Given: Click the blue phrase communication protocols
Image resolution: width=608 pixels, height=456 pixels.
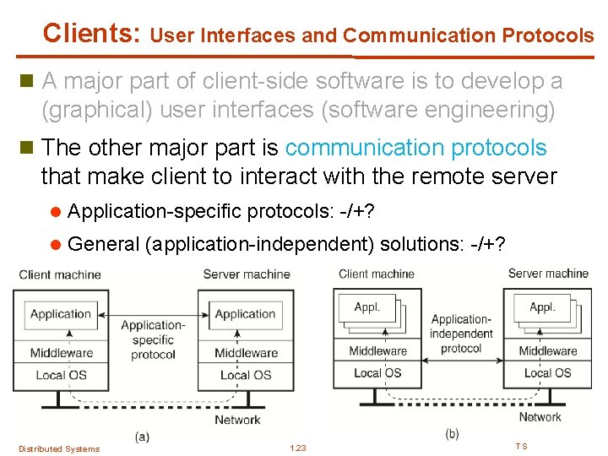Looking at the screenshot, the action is tap(415, 148).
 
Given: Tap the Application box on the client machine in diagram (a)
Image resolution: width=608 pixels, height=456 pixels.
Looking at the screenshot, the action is tap(61, 314).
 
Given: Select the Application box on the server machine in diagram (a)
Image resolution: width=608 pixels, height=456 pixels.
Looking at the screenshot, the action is tap(245, 314).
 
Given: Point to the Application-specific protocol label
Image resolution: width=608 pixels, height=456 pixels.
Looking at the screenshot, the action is tap(153, 339).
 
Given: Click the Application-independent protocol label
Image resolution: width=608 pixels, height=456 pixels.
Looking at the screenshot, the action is tap(461, 334).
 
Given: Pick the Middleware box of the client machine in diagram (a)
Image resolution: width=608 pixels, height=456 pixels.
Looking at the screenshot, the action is tap(61, 353).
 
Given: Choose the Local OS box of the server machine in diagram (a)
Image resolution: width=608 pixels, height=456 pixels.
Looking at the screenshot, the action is tap(245, 375).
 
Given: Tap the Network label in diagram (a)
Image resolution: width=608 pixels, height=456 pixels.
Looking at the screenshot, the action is tap(237, 420).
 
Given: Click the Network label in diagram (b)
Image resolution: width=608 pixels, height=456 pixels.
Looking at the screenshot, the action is tap(540, 416).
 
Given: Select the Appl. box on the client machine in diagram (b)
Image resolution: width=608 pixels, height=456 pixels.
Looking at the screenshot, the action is tap(367, 308).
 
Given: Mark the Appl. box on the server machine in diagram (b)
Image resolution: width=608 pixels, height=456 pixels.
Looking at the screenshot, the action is tap(542, 308).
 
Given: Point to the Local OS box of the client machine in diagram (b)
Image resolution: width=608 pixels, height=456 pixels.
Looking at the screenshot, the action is tap(377, 372).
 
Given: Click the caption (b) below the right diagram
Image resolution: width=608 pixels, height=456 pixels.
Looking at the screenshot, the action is tap(452, 433).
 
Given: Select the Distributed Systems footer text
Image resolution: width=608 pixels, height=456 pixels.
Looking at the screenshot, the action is tap(59, 448).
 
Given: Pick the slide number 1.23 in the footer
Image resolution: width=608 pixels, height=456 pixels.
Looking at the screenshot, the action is tap(297, 448).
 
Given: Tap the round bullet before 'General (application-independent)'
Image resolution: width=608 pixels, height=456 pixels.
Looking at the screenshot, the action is tap(56, 245).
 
